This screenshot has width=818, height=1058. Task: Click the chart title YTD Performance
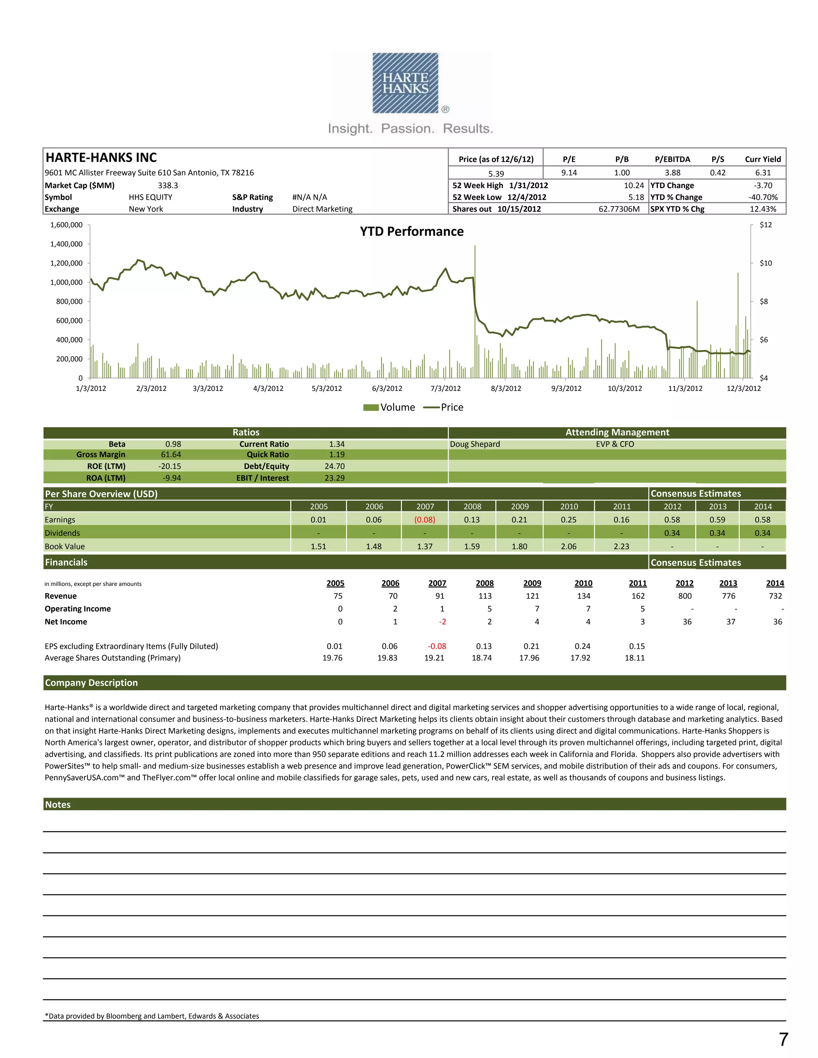tap(411, 232)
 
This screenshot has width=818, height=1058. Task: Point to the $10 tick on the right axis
tap(766, 263)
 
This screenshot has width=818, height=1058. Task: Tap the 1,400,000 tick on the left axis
tap(66, 244)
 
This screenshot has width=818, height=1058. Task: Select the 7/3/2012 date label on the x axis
tap(445, 388)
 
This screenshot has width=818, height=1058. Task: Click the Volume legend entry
tap(389, 407)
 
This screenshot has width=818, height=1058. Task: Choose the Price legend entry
tap(443, 407)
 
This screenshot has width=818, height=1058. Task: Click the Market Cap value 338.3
tap(168, 186)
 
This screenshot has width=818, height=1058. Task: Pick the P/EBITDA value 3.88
tap(672, 173)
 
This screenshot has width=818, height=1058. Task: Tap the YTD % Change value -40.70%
tap(763, 197)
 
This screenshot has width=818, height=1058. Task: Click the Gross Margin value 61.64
tap(171, 455)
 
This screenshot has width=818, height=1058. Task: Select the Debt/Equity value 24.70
tap(334, 466)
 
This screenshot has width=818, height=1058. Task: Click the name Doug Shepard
tap(475, 444)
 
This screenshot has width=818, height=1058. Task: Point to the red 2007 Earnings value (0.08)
tap(425, 520)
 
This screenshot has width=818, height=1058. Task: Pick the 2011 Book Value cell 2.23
tap(621, 547)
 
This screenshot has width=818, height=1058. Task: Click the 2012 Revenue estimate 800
tap(685, 596)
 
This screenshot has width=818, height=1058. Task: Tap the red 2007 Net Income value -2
tap(443, 622)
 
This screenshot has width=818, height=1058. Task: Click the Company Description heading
tap(91, 683)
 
